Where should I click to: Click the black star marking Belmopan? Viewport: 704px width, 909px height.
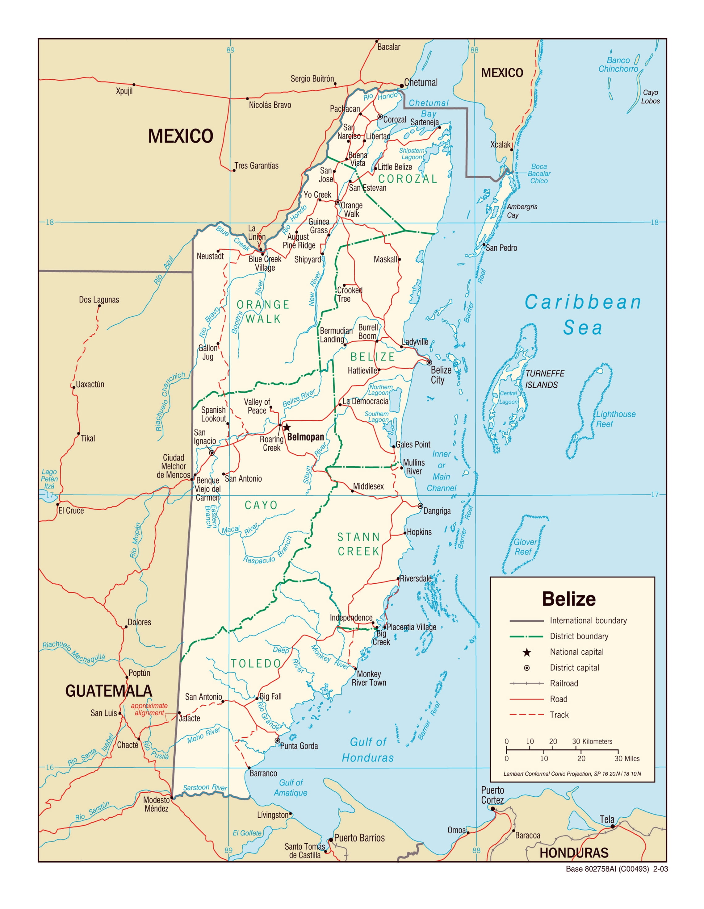(x=287, y=427)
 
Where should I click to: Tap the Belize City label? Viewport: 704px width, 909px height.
(x=441, y=375)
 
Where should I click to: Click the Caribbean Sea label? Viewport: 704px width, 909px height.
(x=583, y=315)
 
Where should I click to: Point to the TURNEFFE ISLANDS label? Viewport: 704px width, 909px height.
(x=545, y=379)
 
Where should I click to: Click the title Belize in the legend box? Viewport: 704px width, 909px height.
(x=569, y=599)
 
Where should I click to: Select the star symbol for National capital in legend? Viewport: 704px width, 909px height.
(x=527, y=652)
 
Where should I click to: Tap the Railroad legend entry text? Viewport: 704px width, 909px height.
(x=564, y=683)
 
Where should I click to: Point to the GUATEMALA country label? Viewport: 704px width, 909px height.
(x=109, y=691)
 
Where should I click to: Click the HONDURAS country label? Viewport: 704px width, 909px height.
(x=574, y=853)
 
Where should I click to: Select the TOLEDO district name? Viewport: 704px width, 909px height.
(x=256, y=663)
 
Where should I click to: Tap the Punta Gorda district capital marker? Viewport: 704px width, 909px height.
(x=277, y=740)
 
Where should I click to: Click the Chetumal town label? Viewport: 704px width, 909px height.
(x=421, y=82)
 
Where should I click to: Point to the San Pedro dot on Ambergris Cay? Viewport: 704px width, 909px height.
(x=484, y=245)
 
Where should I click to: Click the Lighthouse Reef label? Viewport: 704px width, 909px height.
(x=615, y=419)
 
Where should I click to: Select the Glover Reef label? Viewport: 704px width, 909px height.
(x=525, y=547)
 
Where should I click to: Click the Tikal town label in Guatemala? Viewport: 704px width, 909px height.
(x=88, y=438)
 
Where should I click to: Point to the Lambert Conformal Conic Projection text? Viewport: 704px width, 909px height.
(x=572, y=774)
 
